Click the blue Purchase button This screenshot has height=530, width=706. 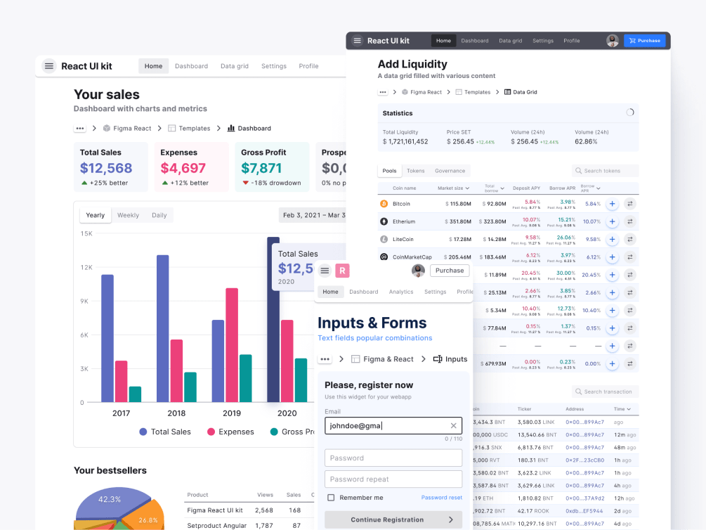[x=644, y=41]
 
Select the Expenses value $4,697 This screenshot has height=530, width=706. [x=183, y=169]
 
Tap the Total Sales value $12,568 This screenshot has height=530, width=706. [x=106, y=169]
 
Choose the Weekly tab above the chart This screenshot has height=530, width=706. [x=128, y=215]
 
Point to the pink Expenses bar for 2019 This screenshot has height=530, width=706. [x=231, y=345]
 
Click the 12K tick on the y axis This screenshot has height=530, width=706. [x=86, y=267]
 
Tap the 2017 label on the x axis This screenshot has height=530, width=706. [x=121, y=413]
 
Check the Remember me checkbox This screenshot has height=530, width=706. [x=331, y=498]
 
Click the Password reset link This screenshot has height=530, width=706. [x=441, y=498]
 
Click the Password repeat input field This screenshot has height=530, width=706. [x=393, y=479]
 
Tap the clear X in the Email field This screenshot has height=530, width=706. [x=453, y=425]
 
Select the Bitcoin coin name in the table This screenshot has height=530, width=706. [x=401, y=204]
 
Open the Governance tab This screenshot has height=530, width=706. [x=450, y=171]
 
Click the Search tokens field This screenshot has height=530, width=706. [x=606, y=171]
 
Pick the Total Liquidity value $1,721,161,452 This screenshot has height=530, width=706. [x=405, y=141]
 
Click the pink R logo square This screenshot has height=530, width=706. [x=343, y=271]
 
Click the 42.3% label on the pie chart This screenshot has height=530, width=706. [x=110, y=499]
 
